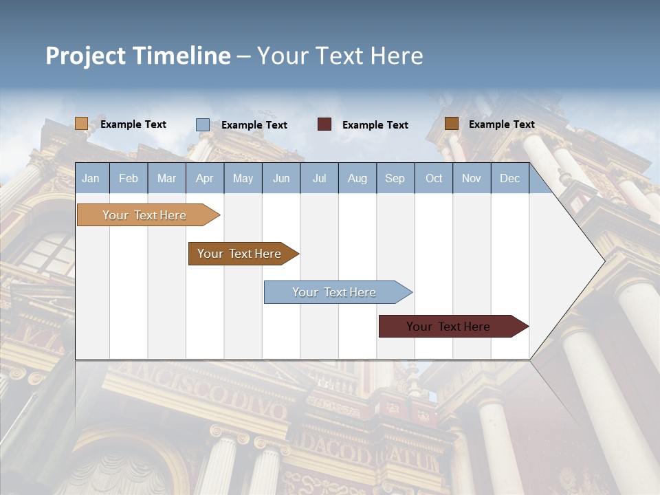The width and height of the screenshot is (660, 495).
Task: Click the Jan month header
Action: pyautogui.click(x=91, y=179)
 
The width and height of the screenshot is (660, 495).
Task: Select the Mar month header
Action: pyautogui.click(x=166, y=179)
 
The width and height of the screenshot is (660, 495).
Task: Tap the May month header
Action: pyautogui.click(x=243, y=179)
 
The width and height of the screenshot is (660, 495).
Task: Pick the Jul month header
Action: pyautogui.click(x=319, y=179)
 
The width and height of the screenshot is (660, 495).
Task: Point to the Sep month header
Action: pyautogui.click(x=395, y=179)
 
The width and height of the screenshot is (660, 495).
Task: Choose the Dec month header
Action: pyautogui.click(x=509, y=179)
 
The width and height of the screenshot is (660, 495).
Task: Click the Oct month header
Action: pyautogui.click(x=434, y=179)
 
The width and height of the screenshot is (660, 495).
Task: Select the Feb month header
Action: pyautogui.click(x=129, y=179)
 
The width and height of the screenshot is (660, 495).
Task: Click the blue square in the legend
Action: pyautogui.click(x=203, y=124)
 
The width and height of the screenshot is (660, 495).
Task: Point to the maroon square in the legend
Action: pyautogui.click(x=324, y=124)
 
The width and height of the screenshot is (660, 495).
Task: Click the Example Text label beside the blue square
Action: pyautogui.click(x=254, y=125)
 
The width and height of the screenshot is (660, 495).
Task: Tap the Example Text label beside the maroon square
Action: pyautogui.click(x=375, y=125)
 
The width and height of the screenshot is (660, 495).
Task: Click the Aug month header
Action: pyautogui.click(x=357, y=179)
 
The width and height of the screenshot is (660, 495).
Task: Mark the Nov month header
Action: pyautogui.click(x=472, y=179)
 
